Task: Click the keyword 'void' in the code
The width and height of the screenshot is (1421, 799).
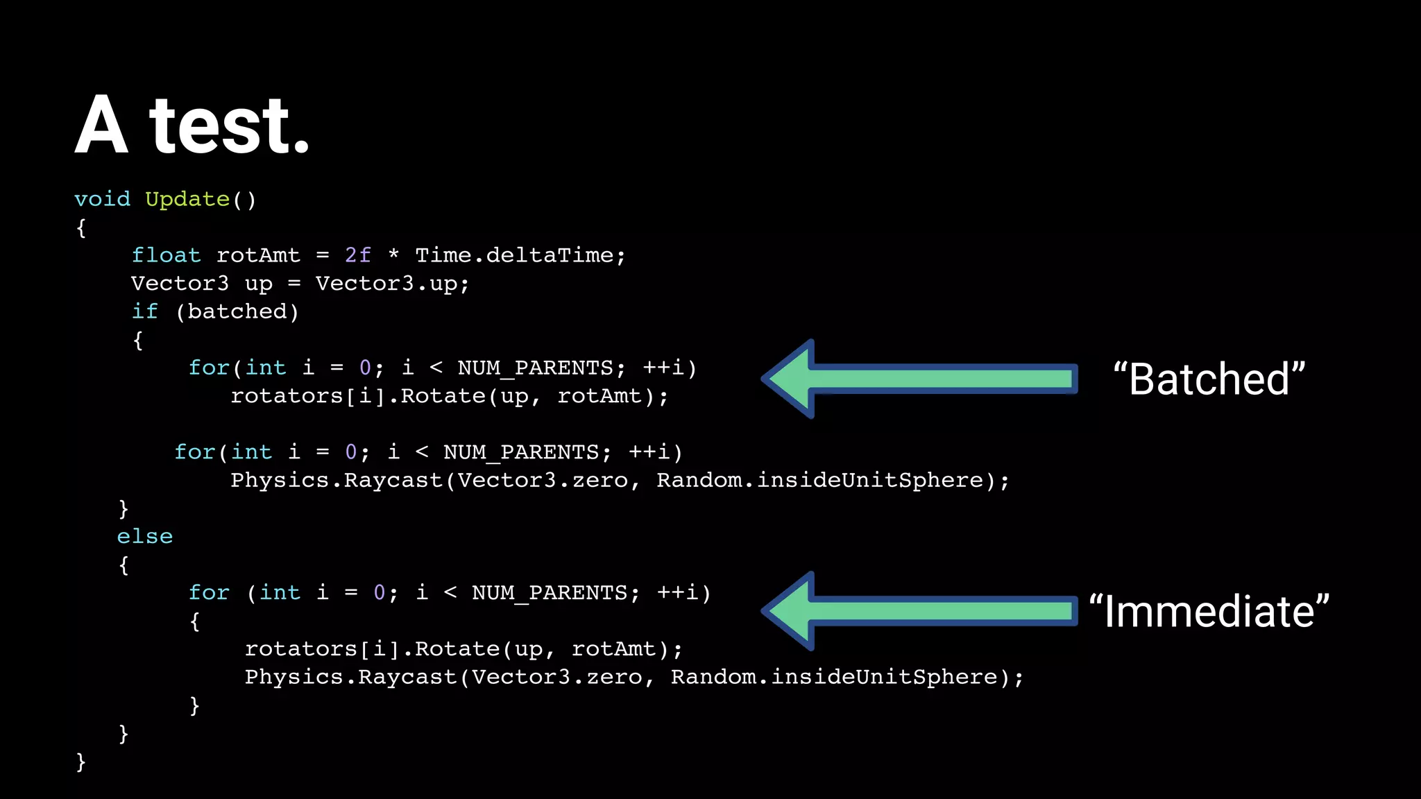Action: [103, 199]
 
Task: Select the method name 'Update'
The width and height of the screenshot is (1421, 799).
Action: [187, 200]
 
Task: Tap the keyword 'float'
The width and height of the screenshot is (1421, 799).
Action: [166, 255]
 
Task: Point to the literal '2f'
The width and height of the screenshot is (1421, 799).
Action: [358, 255]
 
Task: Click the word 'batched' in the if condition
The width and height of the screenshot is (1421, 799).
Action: [237, 311]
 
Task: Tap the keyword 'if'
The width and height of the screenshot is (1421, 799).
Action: [145, 311]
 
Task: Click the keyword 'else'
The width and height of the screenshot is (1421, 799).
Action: [144, 536]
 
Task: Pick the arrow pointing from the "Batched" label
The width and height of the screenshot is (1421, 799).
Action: [919, 379]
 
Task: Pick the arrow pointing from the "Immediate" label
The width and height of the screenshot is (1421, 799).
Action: [919, 611]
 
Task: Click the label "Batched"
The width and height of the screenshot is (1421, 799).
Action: [1209, 379]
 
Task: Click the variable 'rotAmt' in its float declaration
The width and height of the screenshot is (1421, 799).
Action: [258, 255]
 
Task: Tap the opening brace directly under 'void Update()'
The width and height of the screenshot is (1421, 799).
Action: [81, 227]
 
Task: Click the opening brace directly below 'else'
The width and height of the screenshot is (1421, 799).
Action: [124, 565]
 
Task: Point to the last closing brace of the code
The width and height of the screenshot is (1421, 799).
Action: [81, 762]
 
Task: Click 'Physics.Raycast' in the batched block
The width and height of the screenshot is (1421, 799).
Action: [337, 480]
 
